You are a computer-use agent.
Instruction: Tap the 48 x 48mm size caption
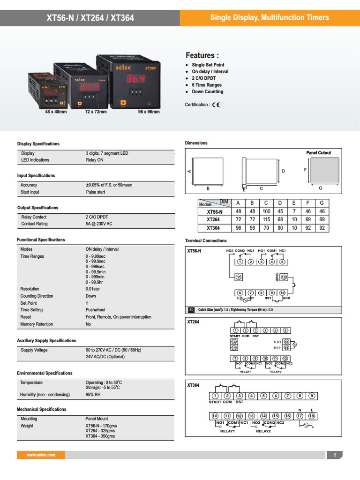(x=56, y=112)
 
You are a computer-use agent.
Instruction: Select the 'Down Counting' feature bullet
(x=207, y=92)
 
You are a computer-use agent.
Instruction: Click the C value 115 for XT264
(x=266, y=220)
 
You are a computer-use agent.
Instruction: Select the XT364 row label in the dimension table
(x=213, y=228)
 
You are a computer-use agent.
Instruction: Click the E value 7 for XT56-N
(x=294, y=211)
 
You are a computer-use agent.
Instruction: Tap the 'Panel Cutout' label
(x=318, y=153)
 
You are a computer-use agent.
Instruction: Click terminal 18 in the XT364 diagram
(x=311, y=416)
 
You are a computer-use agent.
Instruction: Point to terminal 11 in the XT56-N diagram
(x=239, y=277)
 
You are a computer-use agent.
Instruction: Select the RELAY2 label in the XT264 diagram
(x=275, y=371)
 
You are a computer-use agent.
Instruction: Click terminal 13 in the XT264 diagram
(x=234, y=342)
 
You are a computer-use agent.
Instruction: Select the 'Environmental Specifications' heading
(x=45, y=374)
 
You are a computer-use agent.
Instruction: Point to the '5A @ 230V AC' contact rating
(x=99, y=224)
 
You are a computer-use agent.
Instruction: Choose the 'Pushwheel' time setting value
(x=95, y=310)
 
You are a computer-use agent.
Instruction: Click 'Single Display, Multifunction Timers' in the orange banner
(x=269, y=18)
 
